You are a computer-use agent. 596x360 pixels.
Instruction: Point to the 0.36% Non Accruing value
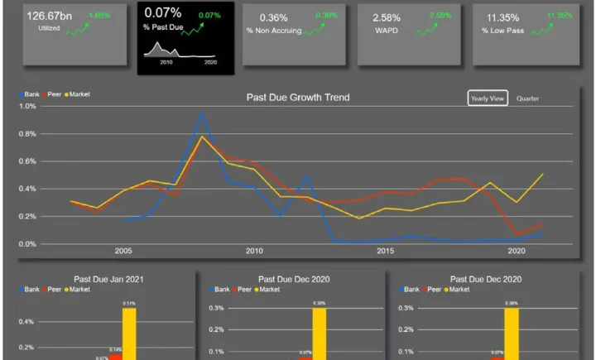pyautogui.click(x=273, y=17)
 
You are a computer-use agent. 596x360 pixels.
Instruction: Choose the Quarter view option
pyautogui.click(x=528, y=98)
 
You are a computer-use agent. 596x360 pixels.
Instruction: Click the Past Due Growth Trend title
pyautogui.click(x=298, y=98)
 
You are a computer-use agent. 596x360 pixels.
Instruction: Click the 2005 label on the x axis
pyautogui.click(x=123, y=251)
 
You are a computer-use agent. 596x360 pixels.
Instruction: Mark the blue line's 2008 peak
pyautogui.click(x=202, y=113)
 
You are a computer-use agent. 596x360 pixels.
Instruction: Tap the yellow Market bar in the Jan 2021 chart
pyautogui.click(x=129, y=334)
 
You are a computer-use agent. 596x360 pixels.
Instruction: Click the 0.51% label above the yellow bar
pyautogui.click(x=129, y=305)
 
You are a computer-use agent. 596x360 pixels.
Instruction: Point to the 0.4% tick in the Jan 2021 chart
pyautogui.click(x=27, y=321)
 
